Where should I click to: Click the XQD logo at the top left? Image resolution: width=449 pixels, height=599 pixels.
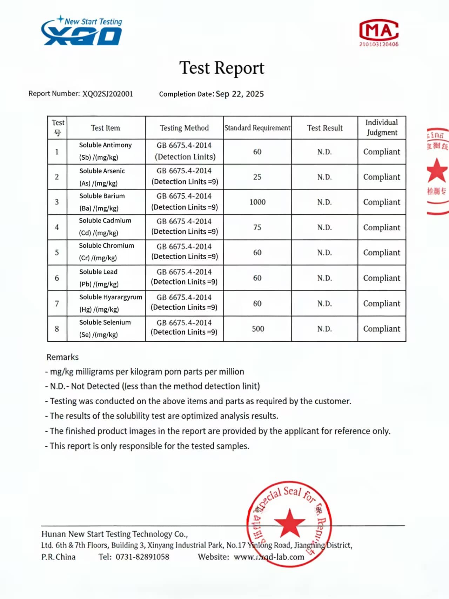pos(81,32)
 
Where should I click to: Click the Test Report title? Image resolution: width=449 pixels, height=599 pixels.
pos(222,68)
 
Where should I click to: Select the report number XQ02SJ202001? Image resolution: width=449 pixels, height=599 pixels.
pos(108,94)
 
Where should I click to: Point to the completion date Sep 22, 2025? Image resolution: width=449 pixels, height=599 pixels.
pos(240,94)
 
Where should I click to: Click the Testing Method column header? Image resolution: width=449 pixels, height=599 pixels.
pos(184,128)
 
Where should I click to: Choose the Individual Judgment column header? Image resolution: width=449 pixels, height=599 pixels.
pos(382,127)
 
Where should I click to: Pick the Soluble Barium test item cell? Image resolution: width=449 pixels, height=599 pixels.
pos(106,202)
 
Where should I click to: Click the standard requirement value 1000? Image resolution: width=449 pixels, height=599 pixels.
pos(257,202)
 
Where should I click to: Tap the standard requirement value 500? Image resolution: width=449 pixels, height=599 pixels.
pos(258,329)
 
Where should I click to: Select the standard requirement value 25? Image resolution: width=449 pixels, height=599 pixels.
pos(257,177)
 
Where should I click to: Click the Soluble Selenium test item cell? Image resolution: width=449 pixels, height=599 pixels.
pos(106,328)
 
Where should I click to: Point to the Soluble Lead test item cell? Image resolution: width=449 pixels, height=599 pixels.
pos(106,278)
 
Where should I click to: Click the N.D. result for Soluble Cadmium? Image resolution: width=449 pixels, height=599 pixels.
pos(324,227)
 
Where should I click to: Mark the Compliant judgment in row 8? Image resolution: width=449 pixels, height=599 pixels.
pos(382,329)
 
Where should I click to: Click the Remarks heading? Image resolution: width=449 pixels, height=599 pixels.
pos(62,357)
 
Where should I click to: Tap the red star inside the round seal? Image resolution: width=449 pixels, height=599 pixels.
pos(289,523)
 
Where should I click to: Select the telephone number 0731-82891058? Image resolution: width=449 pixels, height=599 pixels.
pos(142,557)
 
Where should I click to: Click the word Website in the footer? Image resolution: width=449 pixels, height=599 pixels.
pos(213,557)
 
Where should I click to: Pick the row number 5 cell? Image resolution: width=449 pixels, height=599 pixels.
pos(57,253)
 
